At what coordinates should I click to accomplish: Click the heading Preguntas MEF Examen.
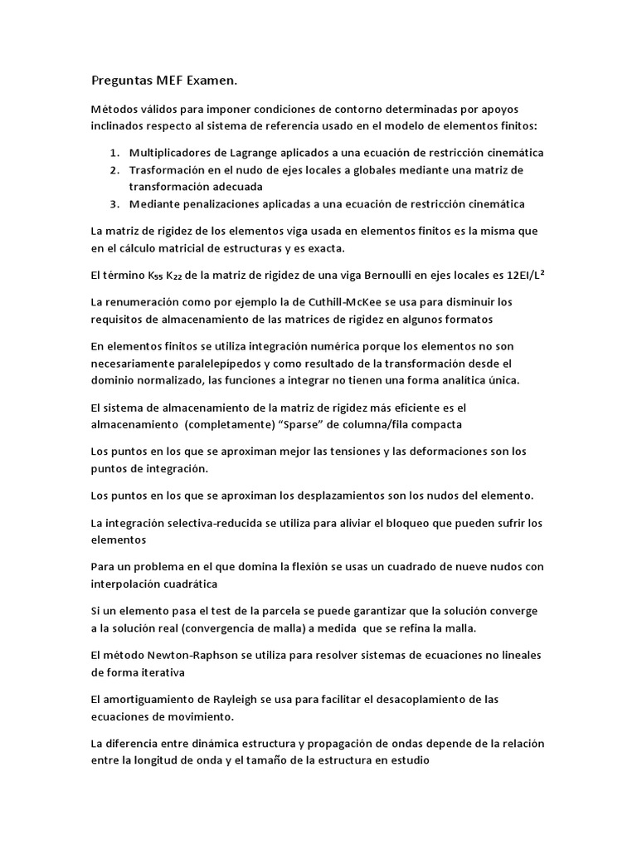click(163, 81)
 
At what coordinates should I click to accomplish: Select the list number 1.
click(114, 154)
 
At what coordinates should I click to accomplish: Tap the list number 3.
click(114, 204)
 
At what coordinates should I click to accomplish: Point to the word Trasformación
click(171, 170)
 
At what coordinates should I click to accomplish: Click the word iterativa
click(160, 671)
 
